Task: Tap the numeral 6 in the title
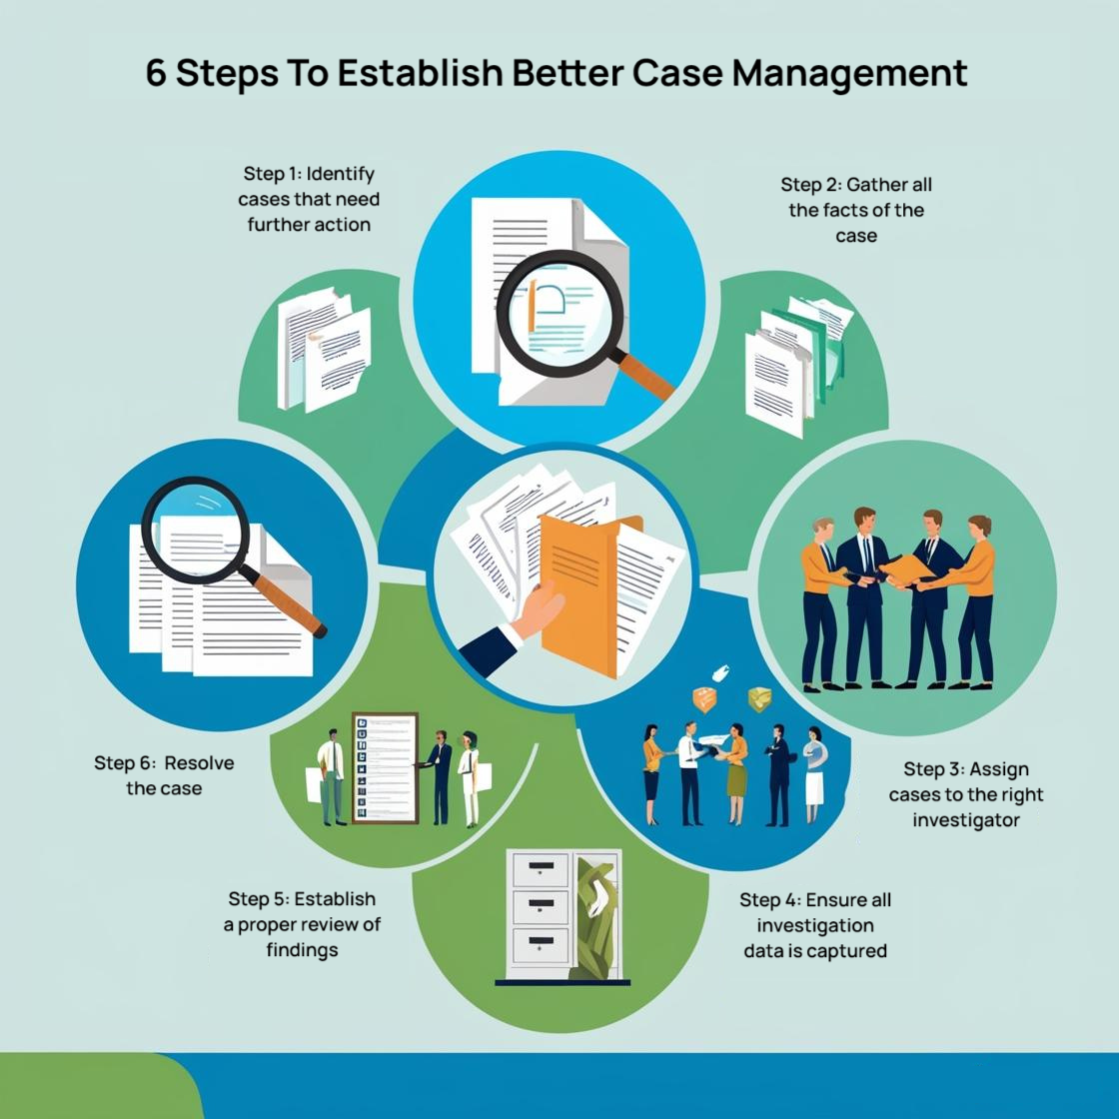click(156, 74)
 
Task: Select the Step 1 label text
click(309, 199)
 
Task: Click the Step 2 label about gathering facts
click(856, 210)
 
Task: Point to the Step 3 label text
click(966, 794)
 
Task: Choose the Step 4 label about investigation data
click(815, 924)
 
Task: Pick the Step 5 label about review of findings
click(302, 924)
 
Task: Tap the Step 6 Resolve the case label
click(165, 775)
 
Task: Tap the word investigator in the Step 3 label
click(966, 820)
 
